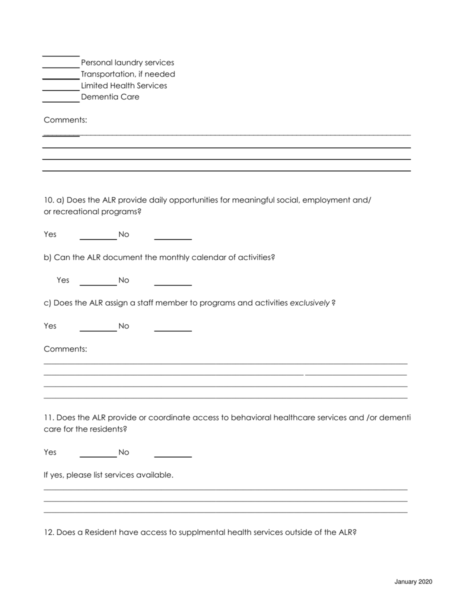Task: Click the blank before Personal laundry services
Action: tap(60, 63)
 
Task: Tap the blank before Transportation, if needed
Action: tap(60, 75)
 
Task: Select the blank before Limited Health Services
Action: tap(60, 86)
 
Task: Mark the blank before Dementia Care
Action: tap(60, 98)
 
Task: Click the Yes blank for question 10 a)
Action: tap(98, 235)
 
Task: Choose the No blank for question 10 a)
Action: tap(172, 235)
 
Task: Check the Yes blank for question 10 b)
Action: tap(98, 281)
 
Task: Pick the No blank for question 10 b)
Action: tap(172, 281)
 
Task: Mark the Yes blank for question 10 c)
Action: tap(98, 327)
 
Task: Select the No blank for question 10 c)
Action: tap(172, 327)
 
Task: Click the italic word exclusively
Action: tap(309, 303)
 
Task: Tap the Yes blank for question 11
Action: tap(98, 453)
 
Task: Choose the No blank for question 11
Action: tap(172, 453)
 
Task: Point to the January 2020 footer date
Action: tap(413, 582)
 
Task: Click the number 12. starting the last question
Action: tap(49, 532)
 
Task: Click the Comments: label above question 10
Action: tap(65, 120)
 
